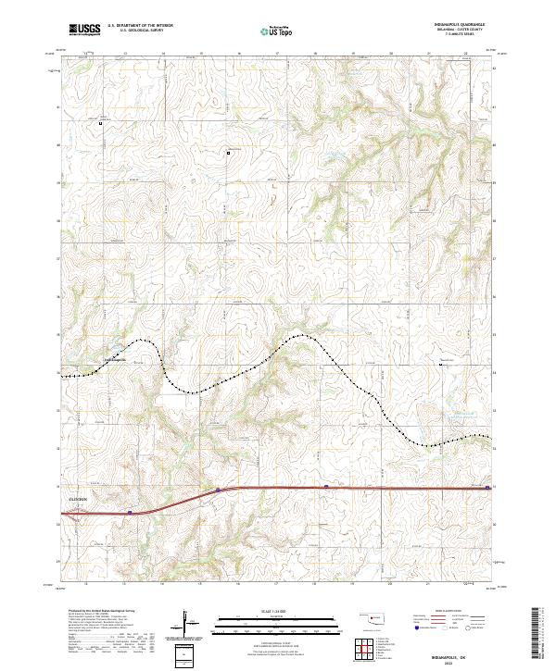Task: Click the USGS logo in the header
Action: click(84, 29)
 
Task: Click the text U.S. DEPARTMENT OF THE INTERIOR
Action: click(140, 25)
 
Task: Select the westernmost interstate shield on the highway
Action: click(131, 509)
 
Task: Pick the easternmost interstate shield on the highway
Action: click(487, 485)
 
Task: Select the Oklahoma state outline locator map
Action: click(374, 616)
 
